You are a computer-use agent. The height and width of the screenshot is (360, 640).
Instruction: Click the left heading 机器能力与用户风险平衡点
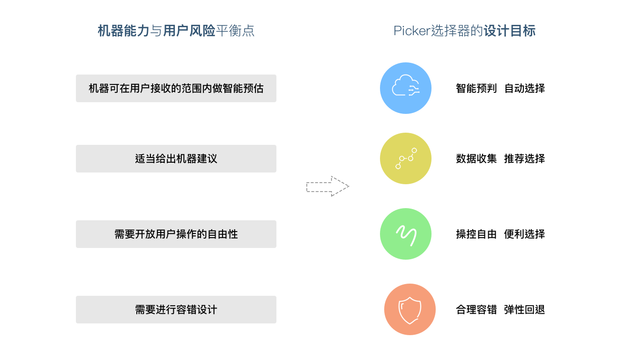[176, 31]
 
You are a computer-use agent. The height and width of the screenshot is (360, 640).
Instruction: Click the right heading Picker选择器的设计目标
[464, 31]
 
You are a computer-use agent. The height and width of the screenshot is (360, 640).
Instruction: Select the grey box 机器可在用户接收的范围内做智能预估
[176, 88]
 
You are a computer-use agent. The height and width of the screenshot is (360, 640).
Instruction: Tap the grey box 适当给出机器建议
[176, 158]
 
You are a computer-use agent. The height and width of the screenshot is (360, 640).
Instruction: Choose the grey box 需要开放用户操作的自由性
[176, 234]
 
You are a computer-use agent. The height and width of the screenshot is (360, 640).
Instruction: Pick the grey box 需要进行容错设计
[176, 309]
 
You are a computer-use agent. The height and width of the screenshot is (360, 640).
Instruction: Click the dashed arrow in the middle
[327, 186]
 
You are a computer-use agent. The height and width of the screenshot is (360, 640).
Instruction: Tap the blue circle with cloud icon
[406, 88]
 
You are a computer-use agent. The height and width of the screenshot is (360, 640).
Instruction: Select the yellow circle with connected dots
[406, 158]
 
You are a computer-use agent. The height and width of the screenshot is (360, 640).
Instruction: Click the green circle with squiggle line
[406, 234]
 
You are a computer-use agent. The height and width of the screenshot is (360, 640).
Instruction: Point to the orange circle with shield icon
[410, 309]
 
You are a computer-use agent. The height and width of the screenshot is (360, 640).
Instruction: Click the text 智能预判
[476, 88]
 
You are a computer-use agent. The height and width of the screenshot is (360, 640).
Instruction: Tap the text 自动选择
[525, 88]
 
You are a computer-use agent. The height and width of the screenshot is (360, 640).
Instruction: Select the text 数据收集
[476, 158]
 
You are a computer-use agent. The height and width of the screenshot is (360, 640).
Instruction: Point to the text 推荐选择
[525, 158]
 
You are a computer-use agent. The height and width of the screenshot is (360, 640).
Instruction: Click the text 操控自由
[476, 234]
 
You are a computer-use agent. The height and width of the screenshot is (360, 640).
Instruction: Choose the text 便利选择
[525, 234]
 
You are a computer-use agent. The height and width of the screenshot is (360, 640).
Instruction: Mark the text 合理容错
[476, 309]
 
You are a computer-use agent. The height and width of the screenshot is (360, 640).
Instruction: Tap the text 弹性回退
[525, 309]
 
